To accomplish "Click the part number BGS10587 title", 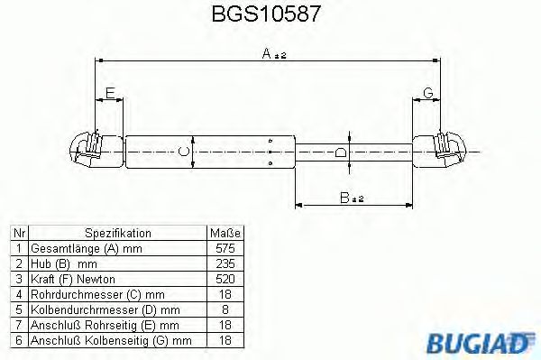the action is pyautogui.click(x=266, y=14).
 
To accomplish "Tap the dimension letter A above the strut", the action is pyautogui.click(x=266, y=53).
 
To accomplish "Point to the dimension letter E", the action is pyautogui.click(x=110, y=93).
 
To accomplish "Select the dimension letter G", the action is pyautogui.click(x=428, y=93).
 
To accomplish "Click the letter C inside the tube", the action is pyautogui.click(x=184, y=152).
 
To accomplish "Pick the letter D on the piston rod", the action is pyautogui.click(x=341, y=152).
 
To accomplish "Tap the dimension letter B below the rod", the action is pyautogui.click(x=344, y=198).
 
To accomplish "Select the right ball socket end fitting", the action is pyautogui.click(x=439, y=151).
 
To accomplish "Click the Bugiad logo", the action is pyautogui.click(x=480, y=342).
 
